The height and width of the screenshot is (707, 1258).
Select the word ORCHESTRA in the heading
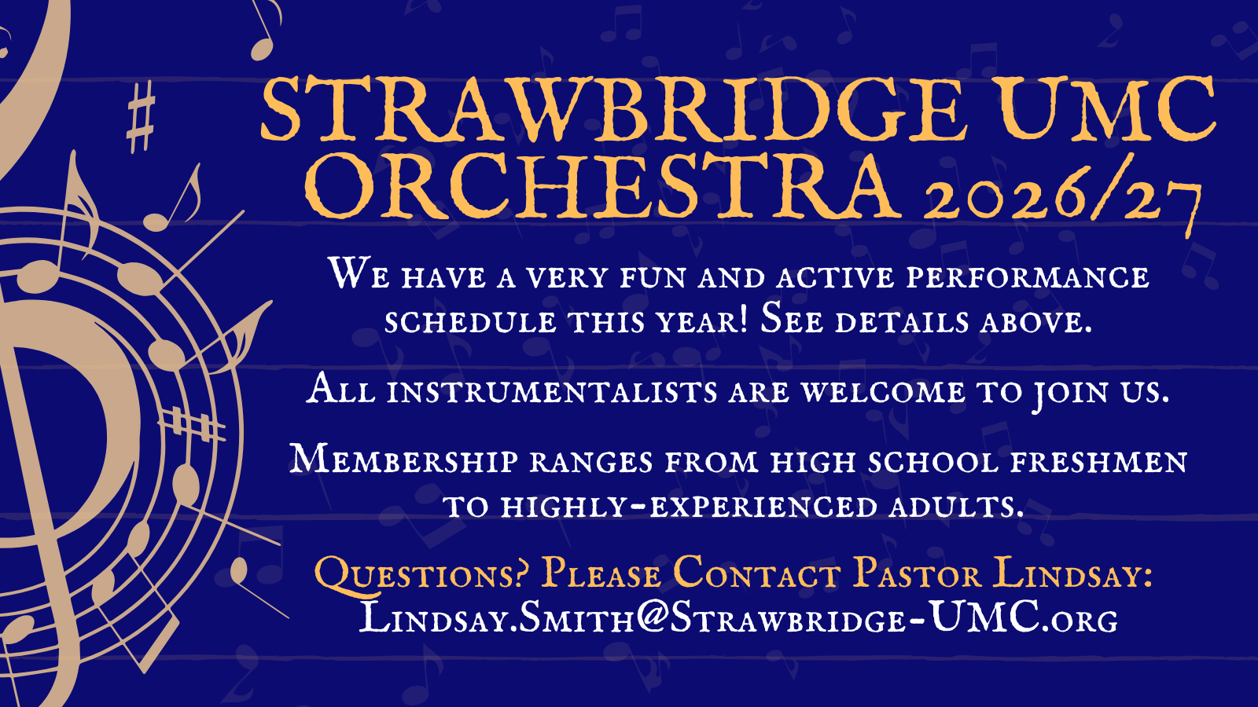pos(605,186)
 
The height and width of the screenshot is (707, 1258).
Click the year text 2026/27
pos(1062,196)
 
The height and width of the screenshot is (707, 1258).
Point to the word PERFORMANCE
pos(1028,277)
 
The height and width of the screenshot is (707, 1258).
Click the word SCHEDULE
pos(471,322)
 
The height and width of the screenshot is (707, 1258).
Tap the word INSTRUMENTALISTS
pos(552,391)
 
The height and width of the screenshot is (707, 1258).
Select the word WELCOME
pos(884,391)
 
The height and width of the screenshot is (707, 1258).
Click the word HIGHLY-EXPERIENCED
pos(689,506)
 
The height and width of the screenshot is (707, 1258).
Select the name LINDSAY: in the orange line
pos(1072,573)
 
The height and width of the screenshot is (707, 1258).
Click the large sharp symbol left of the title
pos(140,117)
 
